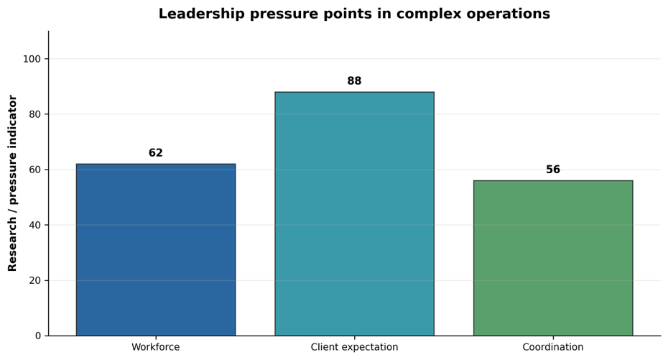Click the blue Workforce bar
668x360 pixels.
click(x=155, y=249)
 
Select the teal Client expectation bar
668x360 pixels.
click(x=354, y=214)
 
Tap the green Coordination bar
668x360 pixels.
click(x=553, y=258)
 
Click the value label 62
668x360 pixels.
click(x=155, y=153)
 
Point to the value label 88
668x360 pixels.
click(x=354, y=81)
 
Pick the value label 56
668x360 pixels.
click(x=553, y=170)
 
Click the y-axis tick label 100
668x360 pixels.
click(x=32, y=59)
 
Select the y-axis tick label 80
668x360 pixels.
click(x=35, y=114)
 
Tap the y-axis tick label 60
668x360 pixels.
click(x=35, y=170)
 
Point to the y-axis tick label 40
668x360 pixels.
click(x=35, y=225)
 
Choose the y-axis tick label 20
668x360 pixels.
click(x=35, y=281)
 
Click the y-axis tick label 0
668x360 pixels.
click(x=38, y=336)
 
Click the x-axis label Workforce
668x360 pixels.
click(x=155, y=347)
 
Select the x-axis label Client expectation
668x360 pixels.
click(x=354, y=347)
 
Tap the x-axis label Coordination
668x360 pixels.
click(x=553, y=347)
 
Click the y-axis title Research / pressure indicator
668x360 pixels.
click(x=12, y=183)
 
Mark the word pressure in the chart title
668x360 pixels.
click(x=284, y=14)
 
